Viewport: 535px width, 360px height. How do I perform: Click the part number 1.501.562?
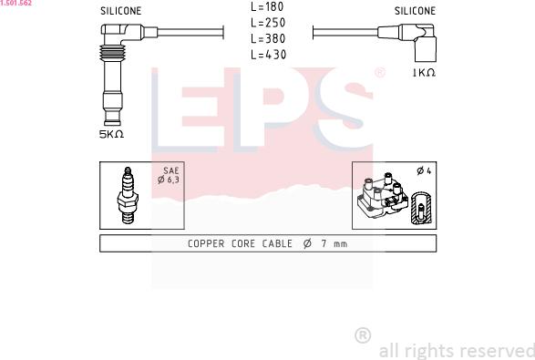click(15, 3)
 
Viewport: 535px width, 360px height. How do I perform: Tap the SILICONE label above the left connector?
click(121, 11)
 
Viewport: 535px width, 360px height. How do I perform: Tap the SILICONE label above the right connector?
click(415, 11)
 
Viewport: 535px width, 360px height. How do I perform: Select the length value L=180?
click(268, 6)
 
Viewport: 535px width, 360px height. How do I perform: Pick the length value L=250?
click(268, 23)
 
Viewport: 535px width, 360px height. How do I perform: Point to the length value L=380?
click(268, 38)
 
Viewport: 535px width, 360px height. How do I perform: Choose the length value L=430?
click(269, 55)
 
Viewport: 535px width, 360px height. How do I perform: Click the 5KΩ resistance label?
click(111, 135)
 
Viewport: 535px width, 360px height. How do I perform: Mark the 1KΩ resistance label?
click(424, 73)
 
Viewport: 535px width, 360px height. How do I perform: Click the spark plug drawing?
click(128, 196)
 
